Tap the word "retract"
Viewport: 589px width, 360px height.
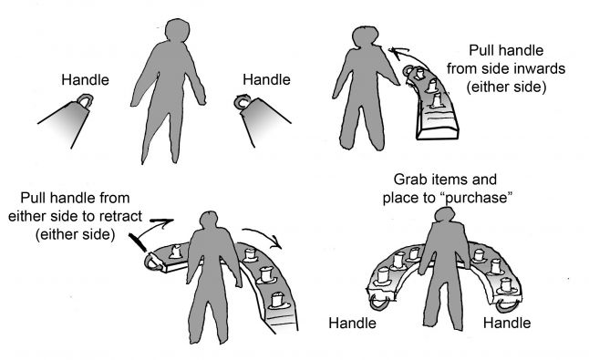point(120,216)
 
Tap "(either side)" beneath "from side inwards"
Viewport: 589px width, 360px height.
point(506,87)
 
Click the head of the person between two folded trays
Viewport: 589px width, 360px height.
point(177,30)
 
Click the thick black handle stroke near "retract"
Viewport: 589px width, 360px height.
point(137,242)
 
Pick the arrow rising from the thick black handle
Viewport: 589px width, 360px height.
point(154,226)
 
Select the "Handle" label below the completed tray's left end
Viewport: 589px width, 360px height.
point(352,324)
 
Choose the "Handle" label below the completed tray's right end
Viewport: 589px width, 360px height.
point(507,324)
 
